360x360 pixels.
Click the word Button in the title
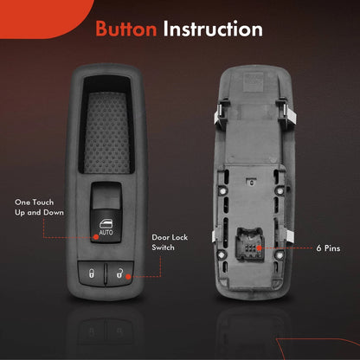click(126, 29)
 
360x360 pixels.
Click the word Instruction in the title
click(213, 29)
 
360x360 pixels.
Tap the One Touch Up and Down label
click(39, 208)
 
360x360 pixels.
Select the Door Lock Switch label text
click(170, 242)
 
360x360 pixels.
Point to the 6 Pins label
click(328, 248)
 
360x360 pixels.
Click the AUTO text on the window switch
click(106, 232)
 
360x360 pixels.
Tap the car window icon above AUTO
click(106, 224)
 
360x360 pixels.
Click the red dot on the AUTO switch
click(96, 237)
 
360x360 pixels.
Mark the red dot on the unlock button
click(128, 277)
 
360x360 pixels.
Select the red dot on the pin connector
click(260, 247)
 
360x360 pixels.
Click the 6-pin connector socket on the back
click(250, 244)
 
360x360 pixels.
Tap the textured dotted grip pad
click(107, 132)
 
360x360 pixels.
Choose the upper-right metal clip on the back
click(286, 113)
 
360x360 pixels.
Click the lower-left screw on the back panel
click(222, 254)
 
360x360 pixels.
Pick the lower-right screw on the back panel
click(280, 254)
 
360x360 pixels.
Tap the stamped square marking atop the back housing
click(253, 80)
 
